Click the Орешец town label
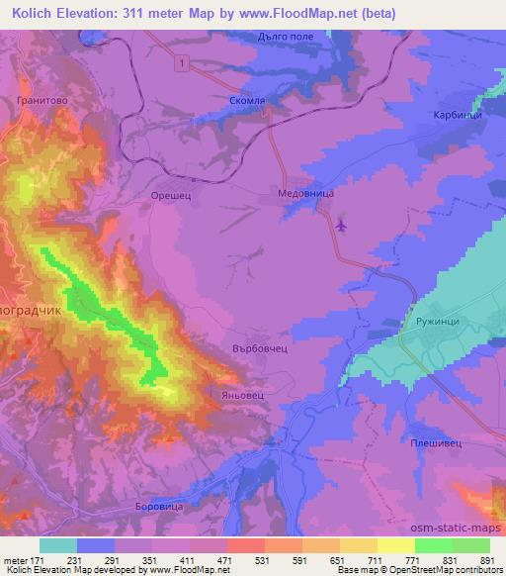[x=171, y=195]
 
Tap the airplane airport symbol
[x=342, y=226]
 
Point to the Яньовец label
[x=228, y=394]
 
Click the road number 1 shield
[x=182, y=63]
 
